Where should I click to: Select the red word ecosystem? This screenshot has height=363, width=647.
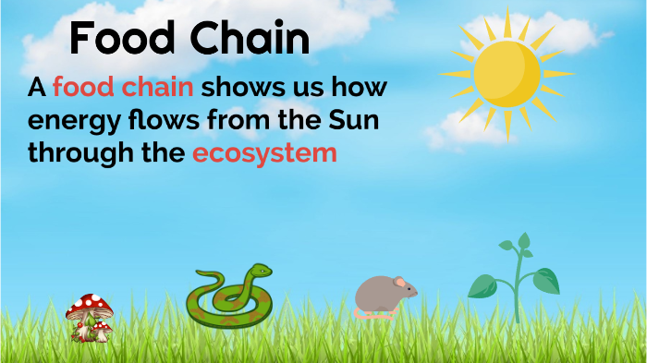264,153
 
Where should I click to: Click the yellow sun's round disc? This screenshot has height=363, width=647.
506,73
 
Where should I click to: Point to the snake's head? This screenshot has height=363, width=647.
260,272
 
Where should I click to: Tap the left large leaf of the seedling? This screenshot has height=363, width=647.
482,286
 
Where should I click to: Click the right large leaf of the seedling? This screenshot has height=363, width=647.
545,280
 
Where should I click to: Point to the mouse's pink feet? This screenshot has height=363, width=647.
375,315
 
